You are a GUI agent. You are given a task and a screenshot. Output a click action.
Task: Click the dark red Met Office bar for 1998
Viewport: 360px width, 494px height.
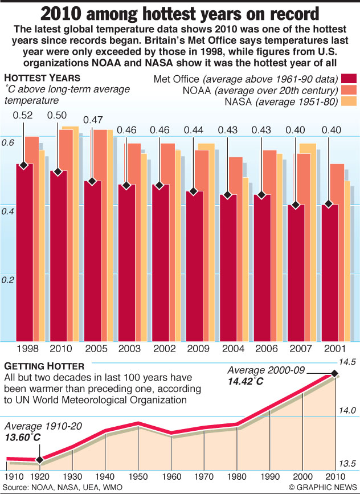[x=24, y=251]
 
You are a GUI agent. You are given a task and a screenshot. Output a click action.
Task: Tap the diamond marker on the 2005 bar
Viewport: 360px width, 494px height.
[x=92, y=182]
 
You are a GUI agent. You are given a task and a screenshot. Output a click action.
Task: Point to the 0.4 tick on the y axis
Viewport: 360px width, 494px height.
[x=8, y=211]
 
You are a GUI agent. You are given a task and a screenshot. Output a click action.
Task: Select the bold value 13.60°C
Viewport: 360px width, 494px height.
[x=23, y=437]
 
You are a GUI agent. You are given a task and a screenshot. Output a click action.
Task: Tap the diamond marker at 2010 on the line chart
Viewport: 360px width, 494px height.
[x=334, y=374]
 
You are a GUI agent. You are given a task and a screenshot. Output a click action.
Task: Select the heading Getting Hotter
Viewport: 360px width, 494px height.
[x=36, y=365]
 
